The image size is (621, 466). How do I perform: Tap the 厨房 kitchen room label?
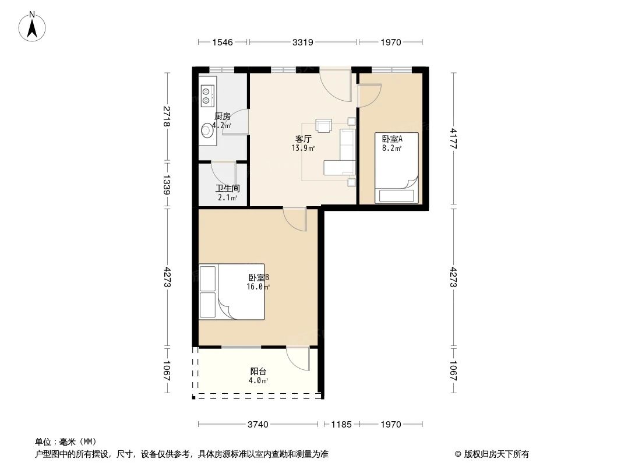point(222,116)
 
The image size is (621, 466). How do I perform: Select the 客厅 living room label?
point(303,139)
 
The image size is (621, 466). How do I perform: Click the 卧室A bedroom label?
point(392,139)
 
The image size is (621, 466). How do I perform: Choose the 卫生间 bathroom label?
point(227,188)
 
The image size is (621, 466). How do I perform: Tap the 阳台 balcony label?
point(259,371)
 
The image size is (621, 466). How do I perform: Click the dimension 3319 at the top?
point(303,42)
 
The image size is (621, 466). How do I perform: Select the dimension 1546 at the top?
point(223,42)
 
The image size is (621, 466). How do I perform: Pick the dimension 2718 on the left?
point(167,116)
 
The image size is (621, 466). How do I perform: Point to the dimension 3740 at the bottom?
point(257,424)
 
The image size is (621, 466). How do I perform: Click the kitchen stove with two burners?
point(206,96)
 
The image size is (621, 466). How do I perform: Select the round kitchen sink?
point(206,131)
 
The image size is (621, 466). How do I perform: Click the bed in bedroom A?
point(397,169)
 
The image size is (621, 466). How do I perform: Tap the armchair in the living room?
point(323,125)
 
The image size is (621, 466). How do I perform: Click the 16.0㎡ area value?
point(258,287)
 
